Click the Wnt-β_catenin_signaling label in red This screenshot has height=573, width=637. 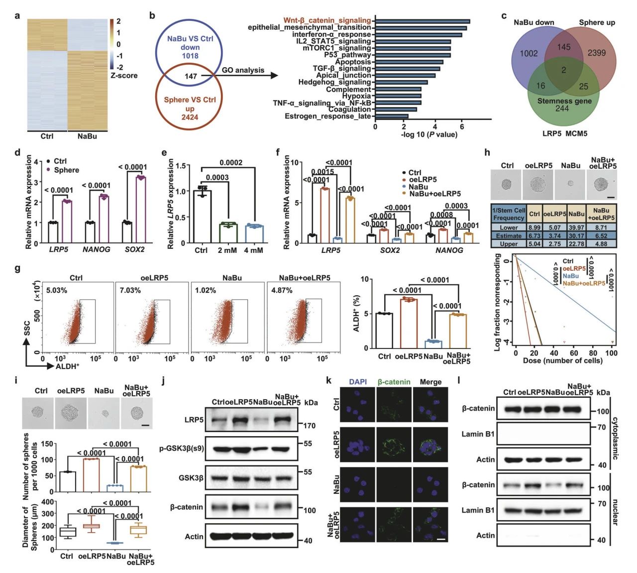point(327,20)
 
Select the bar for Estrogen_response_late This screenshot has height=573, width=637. point(392,116)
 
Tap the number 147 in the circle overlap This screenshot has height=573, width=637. point(191,76)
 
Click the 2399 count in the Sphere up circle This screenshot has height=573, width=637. point(596,53)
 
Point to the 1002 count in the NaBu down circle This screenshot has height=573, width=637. point(529,53)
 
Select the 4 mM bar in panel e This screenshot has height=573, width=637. point(253,234)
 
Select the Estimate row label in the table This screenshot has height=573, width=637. point(509,235)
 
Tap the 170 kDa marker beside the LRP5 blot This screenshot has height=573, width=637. point(309,426)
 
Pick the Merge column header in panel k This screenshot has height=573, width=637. point(430,382)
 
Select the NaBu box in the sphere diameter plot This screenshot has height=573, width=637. point(116,543)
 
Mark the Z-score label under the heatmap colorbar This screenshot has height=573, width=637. point(124,76)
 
